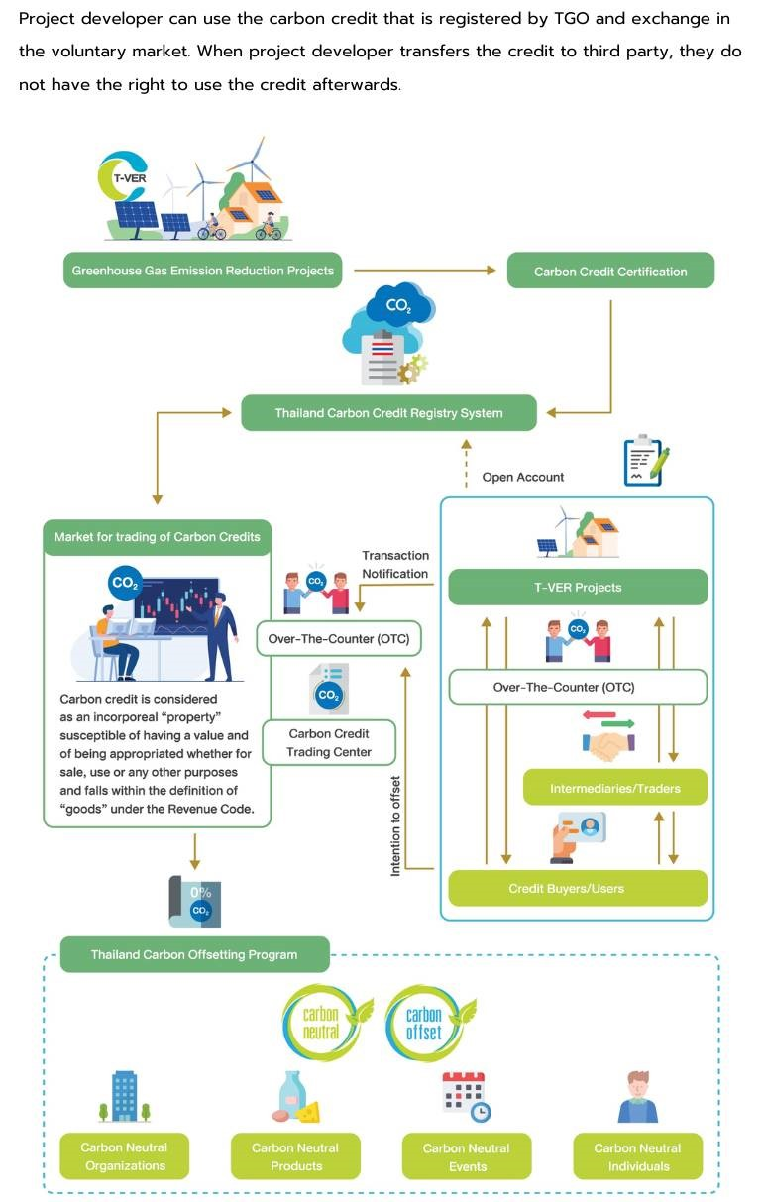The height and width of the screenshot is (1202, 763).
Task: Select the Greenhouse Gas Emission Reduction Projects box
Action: (x=203, y=270)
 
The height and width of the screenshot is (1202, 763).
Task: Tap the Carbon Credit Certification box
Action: (x=609, y=271)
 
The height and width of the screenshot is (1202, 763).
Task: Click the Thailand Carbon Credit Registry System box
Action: (x=388, y=413)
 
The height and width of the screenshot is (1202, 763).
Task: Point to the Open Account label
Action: (x=522, y=477)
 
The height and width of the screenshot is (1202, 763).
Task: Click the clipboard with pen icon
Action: (x=645, y=460)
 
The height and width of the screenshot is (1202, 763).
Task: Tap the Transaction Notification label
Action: (x=394, y=565)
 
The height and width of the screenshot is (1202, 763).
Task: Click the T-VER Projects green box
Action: (x=578, y=587)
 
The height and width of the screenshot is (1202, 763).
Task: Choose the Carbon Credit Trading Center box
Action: (x=328, y=742)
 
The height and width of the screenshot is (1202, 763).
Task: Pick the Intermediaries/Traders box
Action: (x=614, y=788)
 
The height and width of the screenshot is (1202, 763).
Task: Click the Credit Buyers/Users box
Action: (x=578, y=888)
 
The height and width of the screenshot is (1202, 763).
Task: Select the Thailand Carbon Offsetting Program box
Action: (x=194, y=954)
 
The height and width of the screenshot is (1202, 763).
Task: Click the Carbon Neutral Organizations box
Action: (x=125, y=1156)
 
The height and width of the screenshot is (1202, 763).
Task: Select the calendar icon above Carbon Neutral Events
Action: (x=465, y=1096)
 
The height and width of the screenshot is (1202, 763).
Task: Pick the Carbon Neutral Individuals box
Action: (x=637, y=1156)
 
